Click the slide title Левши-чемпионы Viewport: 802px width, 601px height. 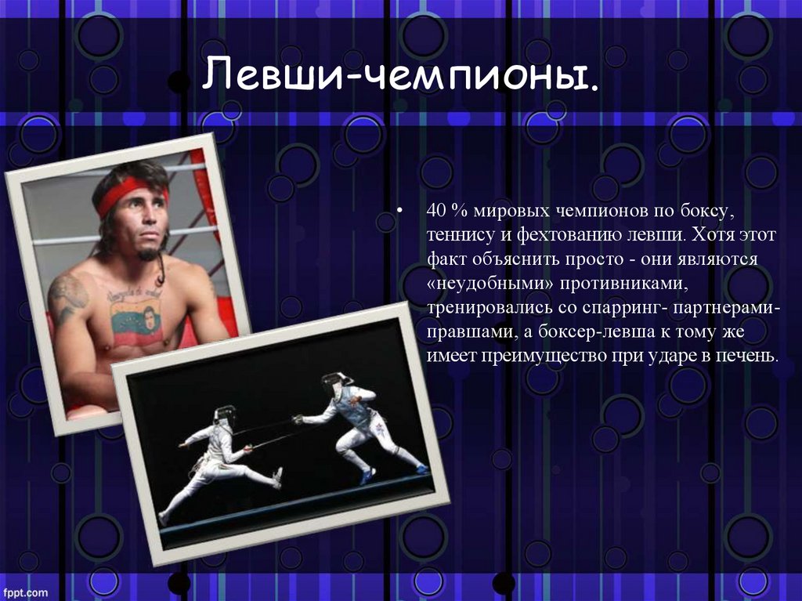(400, 75)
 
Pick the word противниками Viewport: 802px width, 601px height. (624, 284)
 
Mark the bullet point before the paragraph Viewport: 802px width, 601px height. (399, 211)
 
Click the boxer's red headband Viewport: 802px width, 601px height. (131, 194)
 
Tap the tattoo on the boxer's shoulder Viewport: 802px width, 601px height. (67, 297)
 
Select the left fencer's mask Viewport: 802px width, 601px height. (225, 415)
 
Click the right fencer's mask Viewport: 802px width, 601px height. (335, 383)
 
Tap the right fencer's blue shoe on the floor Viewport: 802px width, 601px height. (367, 476)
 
